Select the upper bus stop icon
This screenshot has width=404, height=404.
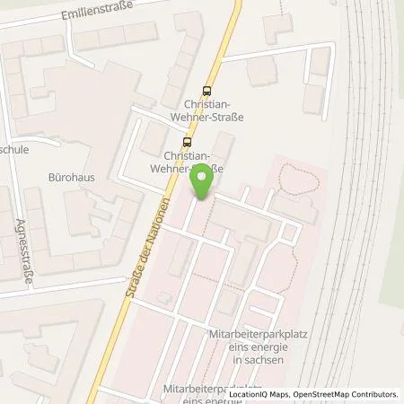pos(208,90)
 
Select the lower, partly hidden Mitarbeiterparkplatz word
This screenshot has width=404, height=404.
pos(203,389)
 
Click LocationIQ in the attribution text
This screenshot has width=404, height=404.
pos(250,394)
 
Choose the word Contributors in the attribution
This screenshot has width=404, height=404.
pos(373,394)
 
